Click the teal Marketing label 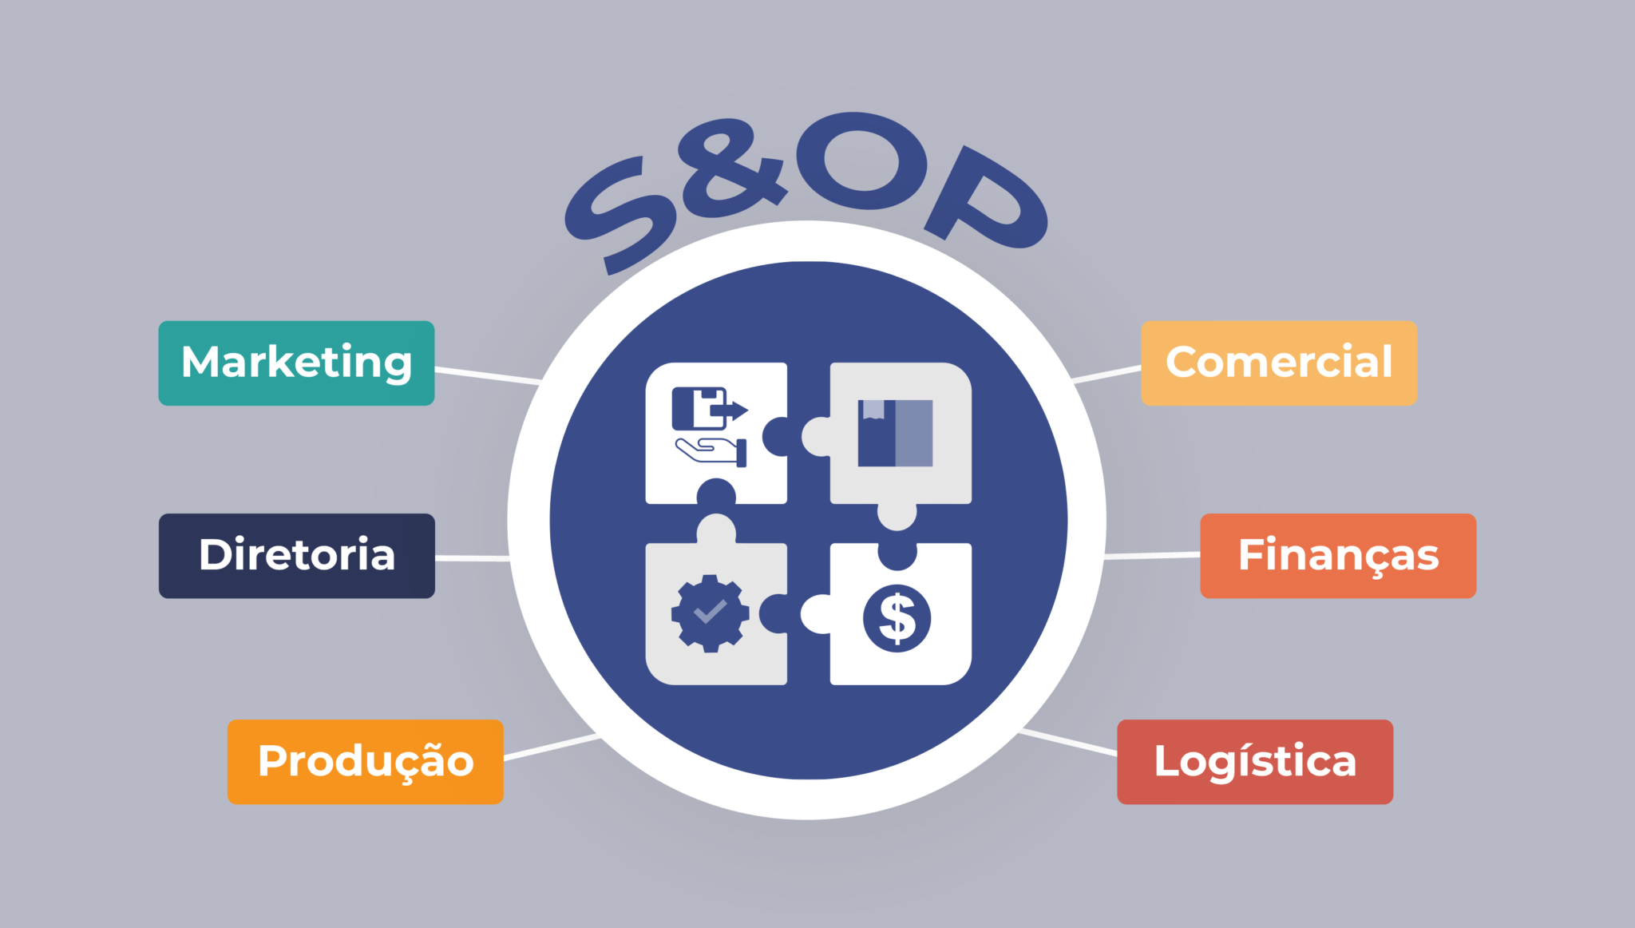click(296, 363)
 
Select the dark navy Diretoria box click(297, 556)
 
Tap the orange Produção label click(366, 762)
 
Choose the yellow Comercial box click(1279, 363)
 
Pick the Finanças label click(1338, 556)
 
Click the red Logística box click(1255, 762)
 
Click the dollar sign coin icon click(897, 618)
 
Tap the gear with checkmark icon click(711, 613)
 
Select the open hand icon click(711, 451)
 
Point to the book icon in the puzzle click(895, 433)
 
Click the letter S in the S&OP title click(620, 214)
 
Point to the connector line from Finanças click(1152, 555)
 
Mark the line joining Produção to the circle click(552, 747)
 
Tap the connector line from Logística click(1068, 741)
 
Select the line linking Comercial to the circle click(1106, 374)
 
